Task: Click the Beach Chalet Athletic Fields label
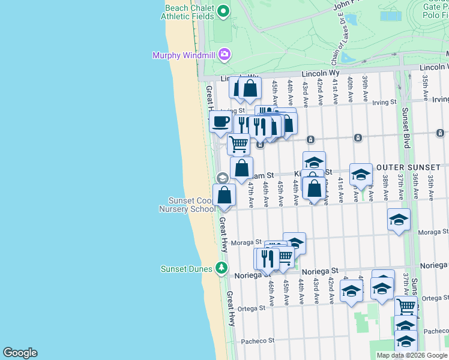[187, 12]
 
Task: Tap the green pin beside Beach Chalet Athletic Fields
[223, 11]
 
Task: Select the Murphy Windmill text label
[183, 56]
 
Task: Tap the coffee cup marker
[220, 121]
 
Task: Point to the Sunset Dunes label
[187, 269]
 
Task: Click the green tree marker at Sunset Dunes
[222, 268]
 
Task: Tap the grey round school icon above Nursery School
[221, 178]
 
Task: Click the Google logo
[20, 353]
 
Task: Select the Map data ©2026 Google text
[411, 355]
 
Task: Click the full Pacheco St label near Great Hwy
[258, 341]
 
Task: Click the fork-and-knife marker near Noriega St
[268, 257]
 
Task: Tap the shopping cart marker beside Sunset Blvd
[406, 306]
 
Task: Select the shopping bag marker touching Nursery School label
[224, 196]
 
